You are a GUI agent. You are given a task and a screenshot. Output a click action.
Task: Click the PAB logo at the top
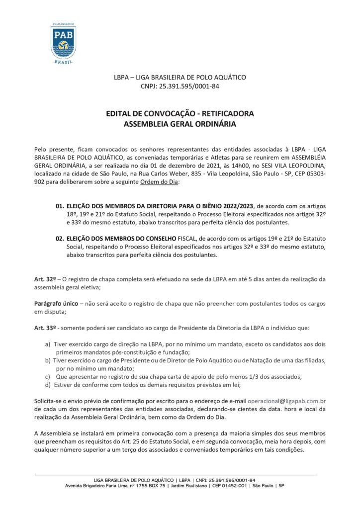pyautogui.click(x=63, y=43)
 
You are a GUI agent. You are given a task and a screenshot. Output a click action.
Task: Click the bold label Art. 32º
pyautogui.click(x=44, y=279)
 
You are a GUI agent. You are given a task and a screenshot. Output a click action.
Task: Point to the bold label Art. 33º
pyautogui.click(x=44, y=329)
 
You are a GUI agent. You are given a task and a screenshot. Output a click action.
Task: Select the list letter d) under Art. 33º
pyautogui.click(x=48, y=384)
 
